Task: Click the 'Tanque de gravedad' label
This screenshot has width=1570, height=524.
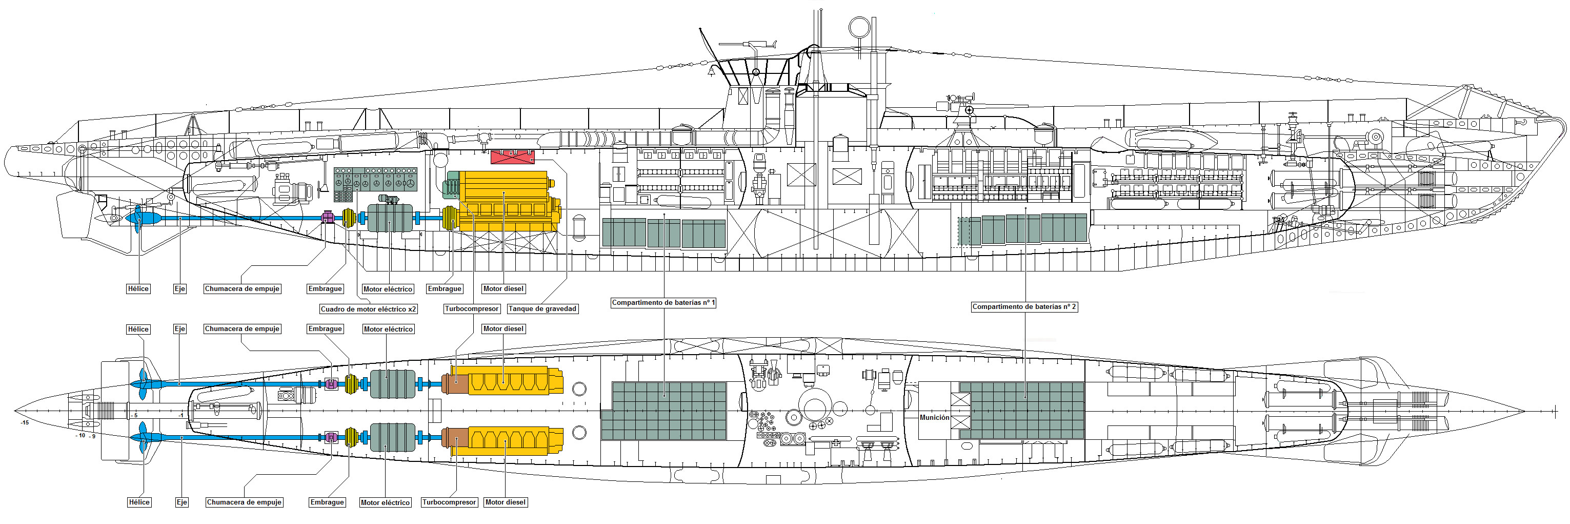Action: (x=542, y=308)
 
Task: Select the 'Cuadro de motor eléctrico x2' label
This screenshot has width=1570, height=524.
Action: (x=369, y=309)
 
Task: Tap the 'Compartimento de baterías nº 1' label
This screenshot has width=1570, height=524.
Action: (x=663, y=303)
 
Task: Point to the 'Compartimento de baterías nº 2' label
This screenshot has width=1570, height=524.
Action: (x=1024, y=307)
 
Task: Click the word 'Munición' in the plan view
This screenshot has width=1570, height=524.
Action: (x=934, y=418)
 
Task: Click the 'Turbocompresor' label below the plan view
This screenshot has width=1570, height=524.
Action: (x=449, y=502)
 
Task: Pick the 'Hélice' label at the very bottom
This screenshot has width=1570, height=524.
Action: (x=139, y=502)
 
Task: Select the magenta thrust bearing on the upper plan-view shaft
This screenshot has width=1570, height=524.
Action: (x=331, y=384)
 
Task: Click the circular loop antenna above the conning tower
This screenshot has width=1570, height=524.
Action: (x=859, y=27)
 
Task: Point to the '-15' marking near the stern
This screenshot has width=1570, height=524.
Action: (x=25, y=422)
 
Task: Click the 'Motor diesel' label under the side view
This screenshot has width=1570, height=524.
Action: (x=503, y=288)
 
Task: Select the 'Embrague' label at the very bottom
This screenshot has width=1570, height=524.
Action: (x=327, y=502)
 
